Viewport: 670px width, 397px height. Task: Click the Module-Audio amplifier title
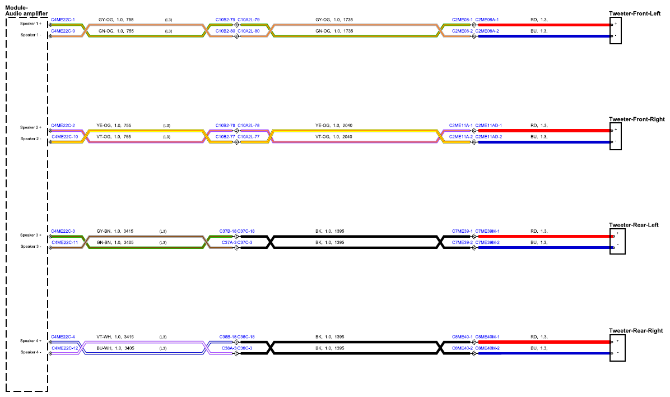coord(26,11)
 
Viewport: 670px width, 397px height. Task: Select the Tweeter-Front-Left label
coord(635,13)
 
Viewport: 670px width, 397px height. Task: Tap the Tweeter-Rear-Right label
coord(636,331)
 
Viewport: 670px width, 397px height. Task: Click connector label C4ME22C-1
coord(63,20)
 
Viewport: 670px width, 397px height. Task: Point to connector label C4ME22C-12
coord(65,348)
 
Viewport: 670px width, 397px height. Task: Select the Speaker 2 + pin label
coord(31,127)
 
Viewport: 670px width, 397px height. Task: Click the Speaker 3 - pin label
coord(31,246)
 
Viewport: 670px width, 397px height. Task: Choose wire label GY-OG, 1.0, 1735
coord(334,20)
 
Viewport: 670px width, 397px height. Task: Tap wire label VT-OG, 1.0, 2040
coord(334,137)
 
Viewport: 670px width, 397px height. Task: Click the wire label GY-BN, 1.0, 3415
coord(115,232)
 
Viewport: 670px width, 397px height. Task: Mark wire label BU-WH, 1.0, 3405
coord(115,348)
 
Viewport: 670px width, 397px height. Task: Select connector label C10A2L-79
coord(249,20)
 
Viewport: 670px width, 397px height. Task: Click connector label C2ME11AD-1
coord(488,126)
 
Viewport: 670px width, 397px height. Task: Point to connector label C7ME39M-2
coord(487,243)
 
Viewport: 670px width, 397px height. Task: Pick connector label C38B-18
coord(228,337)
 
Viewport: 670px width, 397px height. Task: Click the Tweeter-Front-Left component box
coord(615,31)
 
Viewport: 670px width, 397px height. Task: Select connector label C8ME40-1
coord(462,337)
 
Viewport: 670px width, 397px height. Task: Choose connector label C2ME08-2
coord(462,31)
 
